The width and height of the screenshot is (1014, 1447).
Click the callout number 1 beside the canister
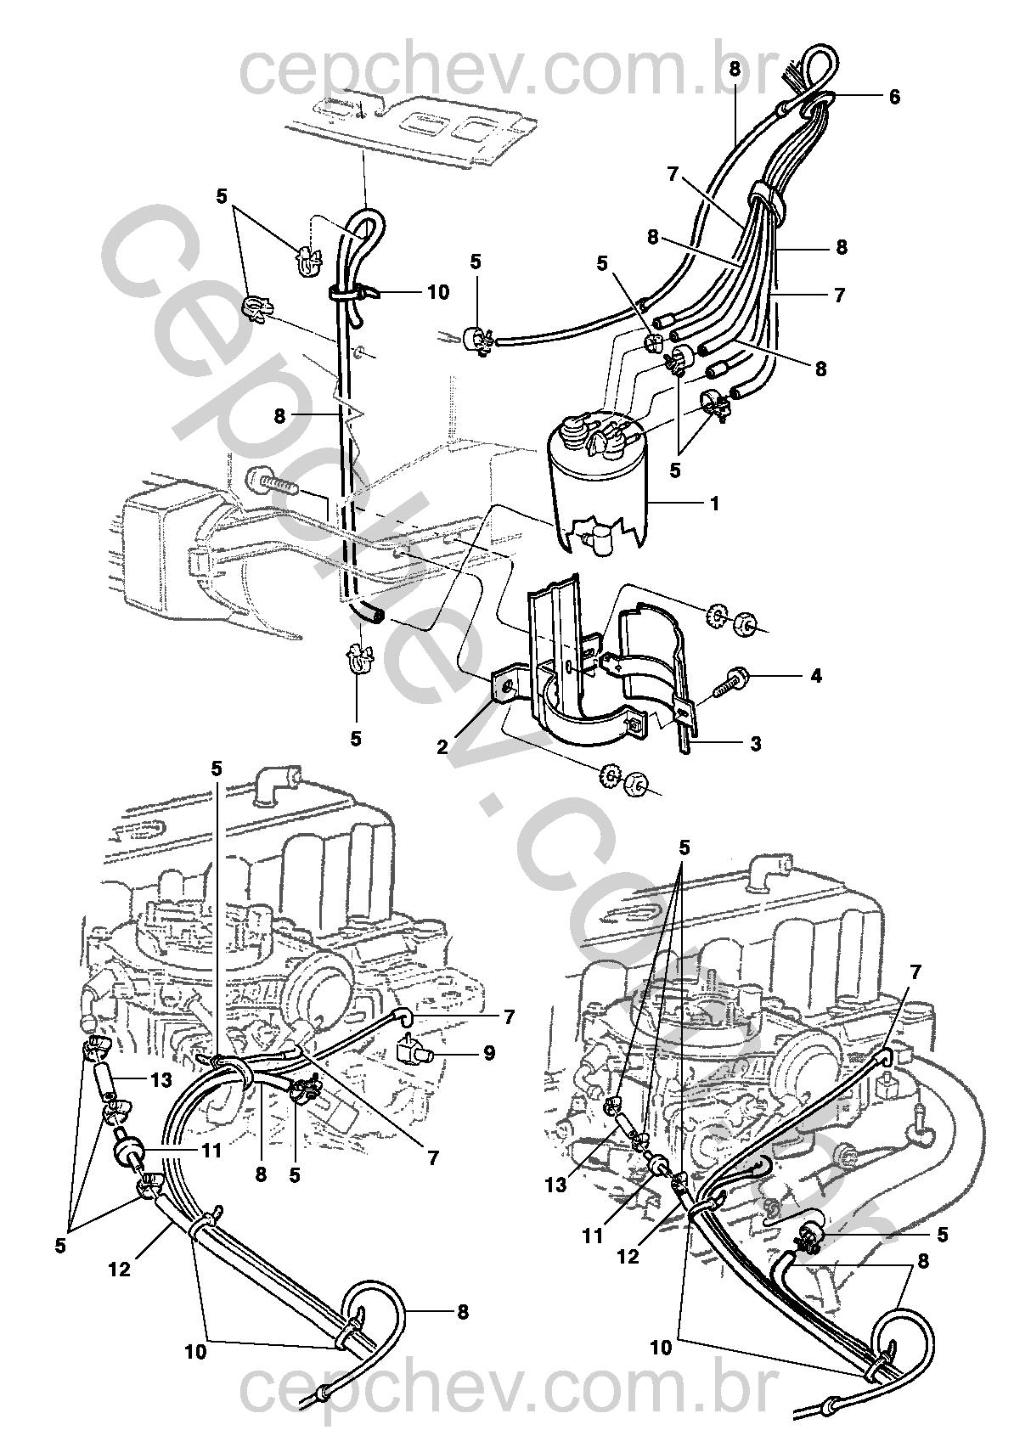[x=714, y=504]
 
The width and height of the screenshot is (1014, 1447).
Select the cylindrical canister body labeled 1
[x=597, y=481]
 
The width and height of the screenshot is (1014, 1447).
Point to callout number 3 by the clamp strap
[x=816, y=676]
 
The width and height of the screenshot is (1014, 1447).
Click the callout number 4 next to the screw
[x=816, y=676]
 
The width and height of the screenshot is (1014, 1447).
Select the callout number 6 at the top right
[x=894, y=97]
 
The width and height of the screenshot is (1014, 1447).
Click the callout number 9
[x=489, y=1054]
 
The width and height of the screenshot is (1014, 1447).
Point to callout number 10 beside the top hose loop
[x=438, y=293]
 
